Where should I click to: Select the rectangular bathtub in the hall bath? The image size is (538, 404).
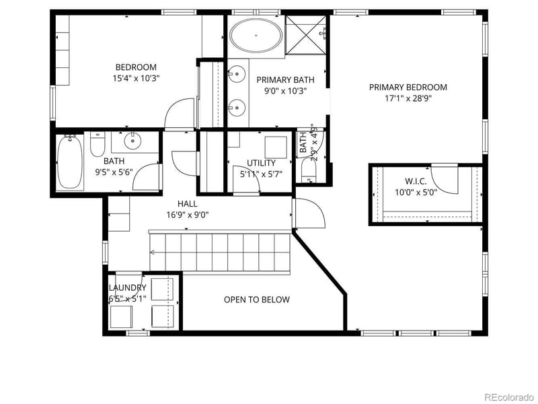[70, 162]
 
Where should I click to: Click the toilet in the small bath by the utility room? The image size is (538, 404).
[307, 173]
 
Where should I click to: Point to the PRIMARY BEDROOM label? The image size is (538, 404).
[408, 87]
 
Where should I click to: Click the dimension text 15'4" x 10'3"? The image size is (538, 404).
[136, 78]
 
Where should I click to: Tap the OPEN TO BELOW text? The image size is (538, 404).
[257, 300]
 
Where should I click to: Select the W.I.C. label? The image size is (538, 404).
[415, 181]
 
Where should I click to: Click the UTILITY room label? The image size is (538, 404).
[261, 163]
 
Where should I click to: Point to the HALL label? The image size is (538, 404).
[187, 203]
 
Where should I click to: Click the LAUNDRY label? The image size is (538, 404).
[127, 288]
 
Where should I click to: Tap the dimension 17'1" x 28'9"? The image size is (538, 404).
[408, 98]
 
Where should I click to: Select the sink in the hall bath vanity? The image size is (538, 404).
[132, 141]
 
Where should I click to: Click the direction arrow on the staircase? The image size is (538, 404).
[153, 252]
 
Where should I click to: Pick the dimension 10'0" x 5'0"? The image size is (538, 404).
[415, 193]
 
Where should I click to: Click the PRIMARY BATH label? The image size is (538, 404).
[282, 79]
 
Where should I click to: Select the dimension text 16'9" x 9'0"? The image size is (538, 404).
[188, 215]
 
